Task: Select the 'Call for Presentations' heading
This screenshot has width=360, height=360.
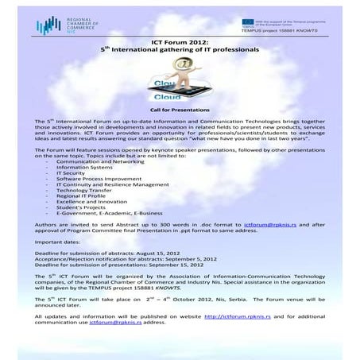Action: point(179,109)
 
